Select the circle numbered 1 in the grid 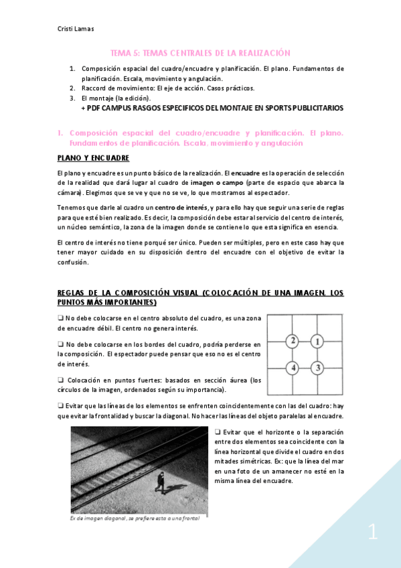click(x=317, y=342)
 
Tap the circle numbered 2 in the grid click(x=292, y=342)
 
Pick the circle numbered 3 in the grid click(x=317, y=367)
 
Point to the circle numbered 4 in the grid click(x=292, y=367)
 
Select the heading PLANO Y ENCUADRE click(x=93, y=158)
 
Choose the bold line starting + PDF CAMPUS click(x=212, y=107)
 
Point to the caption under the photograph click(x=135, y=518)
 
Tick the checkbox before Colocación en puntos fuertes click(x=61, y=379)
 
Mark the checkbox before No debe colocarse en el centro click(x=61, y=318)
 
